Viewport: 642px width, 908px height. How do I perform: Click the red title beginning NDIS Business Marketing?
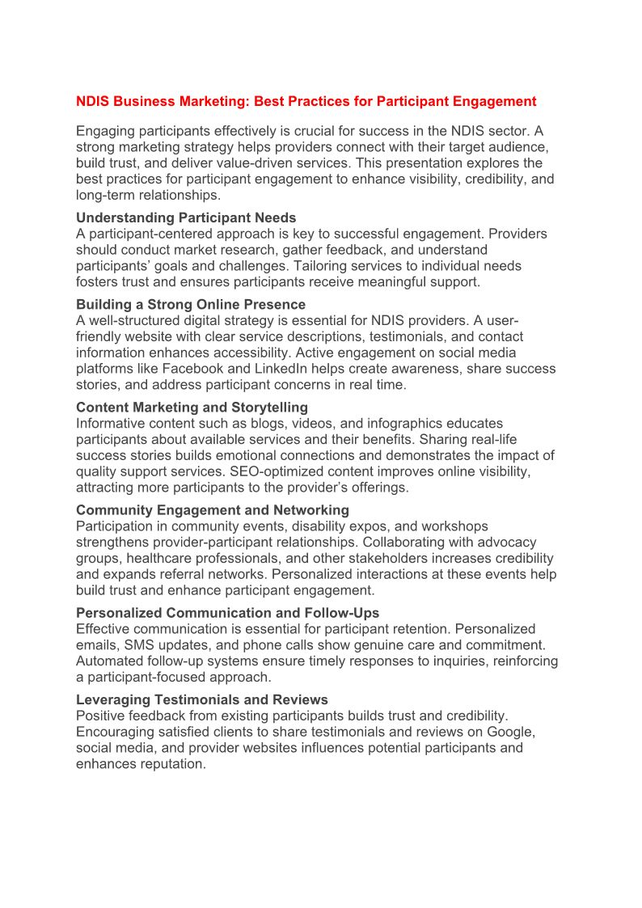[x=306, y=101]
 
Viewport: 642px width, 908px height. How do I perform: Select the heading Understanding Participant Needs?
[x=186, y=217]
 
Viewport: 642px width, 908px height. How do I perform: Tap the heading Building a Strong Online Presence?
[x=191, y=305]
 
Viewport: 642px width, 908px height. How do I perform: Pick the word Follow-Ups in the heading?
[x=344, y=613]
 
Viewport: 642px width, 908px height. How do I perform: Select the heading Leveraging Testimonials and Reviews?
[x=202, y=699]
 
